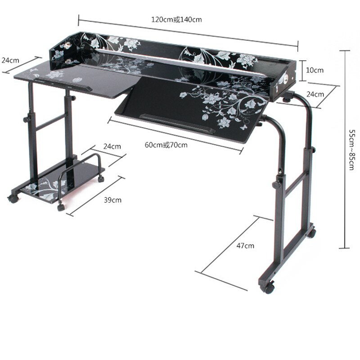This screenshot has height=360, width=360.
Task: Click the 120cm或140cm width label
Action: pos(176,20)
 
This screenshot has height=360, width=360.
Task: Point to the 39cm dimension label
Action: pos(112,199)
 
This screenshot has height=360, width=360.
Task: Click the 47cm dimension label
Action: pos(245,246)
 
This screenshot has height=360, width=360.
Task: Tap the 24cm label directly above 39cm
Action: pos(112,146)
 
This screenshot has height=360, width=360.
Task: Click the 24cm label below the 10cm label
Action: pos(315,94)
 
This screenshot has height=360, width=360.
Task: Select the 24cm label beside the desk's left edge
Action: pos(10,60)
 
